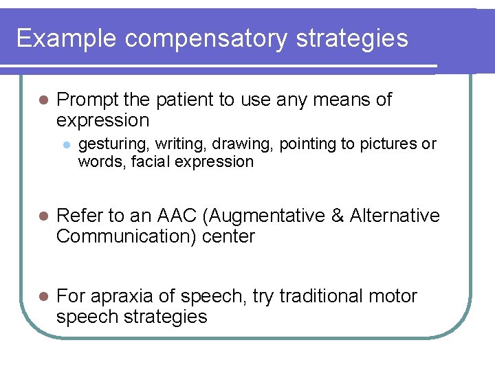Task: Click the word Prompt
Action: [88, 100]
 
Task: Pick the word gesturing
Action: [113, 144]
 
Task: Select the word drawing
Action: [243, 144]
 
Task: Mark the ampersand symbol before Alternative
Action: [338, 216]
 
